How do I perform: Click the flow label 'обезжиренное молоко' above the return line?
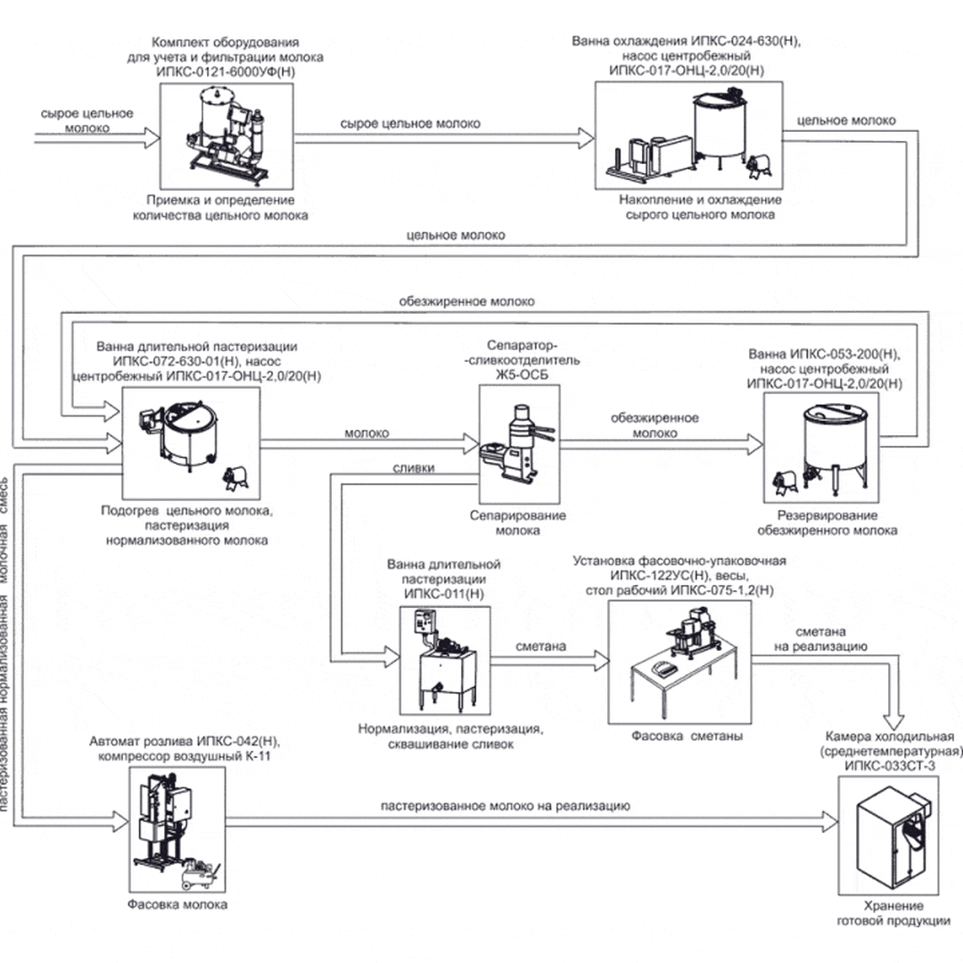(467, 301)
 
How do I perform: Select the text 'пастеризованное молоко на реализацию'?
(506, 806)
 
